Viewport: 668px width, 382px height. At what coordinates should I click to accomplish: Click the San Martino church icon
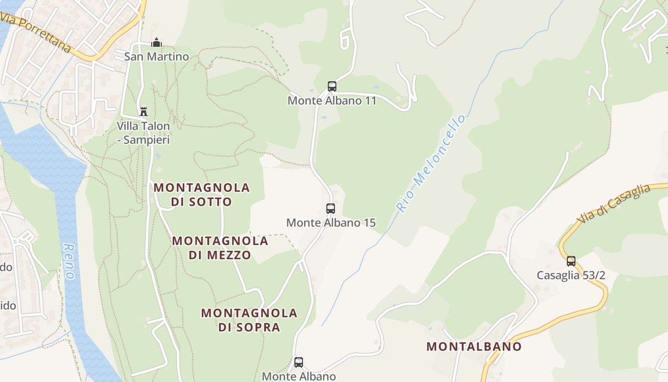157,43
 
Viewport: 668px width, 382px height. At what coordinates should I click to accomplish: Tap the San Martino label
157,57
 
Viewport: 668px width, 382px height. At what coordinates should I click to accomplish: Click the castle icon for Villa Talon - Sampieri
143,112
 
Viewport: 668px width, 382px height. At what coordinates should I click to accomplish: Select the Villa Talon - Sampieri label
144,133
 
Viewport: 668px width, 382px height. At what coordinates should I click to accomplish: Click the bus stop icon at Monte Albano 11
332,86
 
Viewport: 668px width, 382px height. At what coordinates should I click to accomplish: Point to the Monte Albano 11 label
332,101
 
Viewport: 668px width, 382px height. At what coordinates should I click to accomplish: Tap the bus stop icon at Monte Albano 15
331,208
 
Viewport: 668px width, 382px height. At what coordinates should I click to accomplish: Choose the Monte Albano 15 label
331,223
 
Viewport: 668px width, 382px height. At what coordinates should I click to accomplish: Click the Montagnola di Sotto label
202,194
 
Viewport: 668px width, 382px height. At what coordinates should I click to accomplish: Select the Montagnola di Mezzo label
220,247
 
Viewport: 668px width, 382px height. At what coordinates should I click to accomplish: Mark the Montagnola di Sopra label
249,320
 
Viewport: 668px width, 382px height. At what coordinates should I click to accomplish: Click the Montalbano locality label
474,347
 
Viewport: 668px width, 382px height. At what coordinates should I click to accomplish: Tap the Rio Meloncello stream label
431,163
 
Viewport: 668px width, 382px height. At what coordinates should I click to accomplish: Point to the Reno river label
69,262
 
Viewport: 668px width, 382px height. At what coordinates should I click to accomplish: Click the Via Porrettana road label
36,32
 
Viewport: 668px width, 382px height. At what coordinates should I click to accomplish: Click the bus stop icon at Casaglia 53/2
571,261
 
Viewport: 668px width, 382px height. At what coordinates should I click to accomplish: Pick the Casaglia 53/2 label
571,276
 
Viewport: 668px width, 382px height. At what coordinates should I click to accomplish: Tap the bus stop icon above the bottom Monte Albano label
299,362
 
